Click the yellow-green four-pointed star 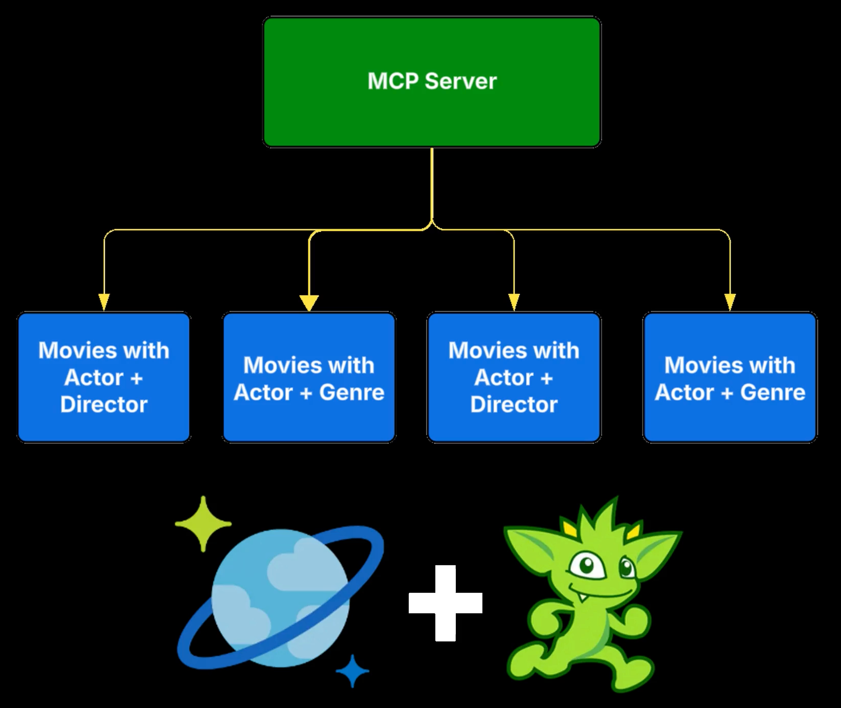(203, 523)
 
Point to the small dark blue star (352, 670)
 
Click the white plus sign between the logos (445, 603)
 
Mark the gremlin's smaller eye (626, 566)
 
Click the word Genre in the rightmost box (772, 392)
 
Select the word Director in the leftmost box (104, 405)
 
